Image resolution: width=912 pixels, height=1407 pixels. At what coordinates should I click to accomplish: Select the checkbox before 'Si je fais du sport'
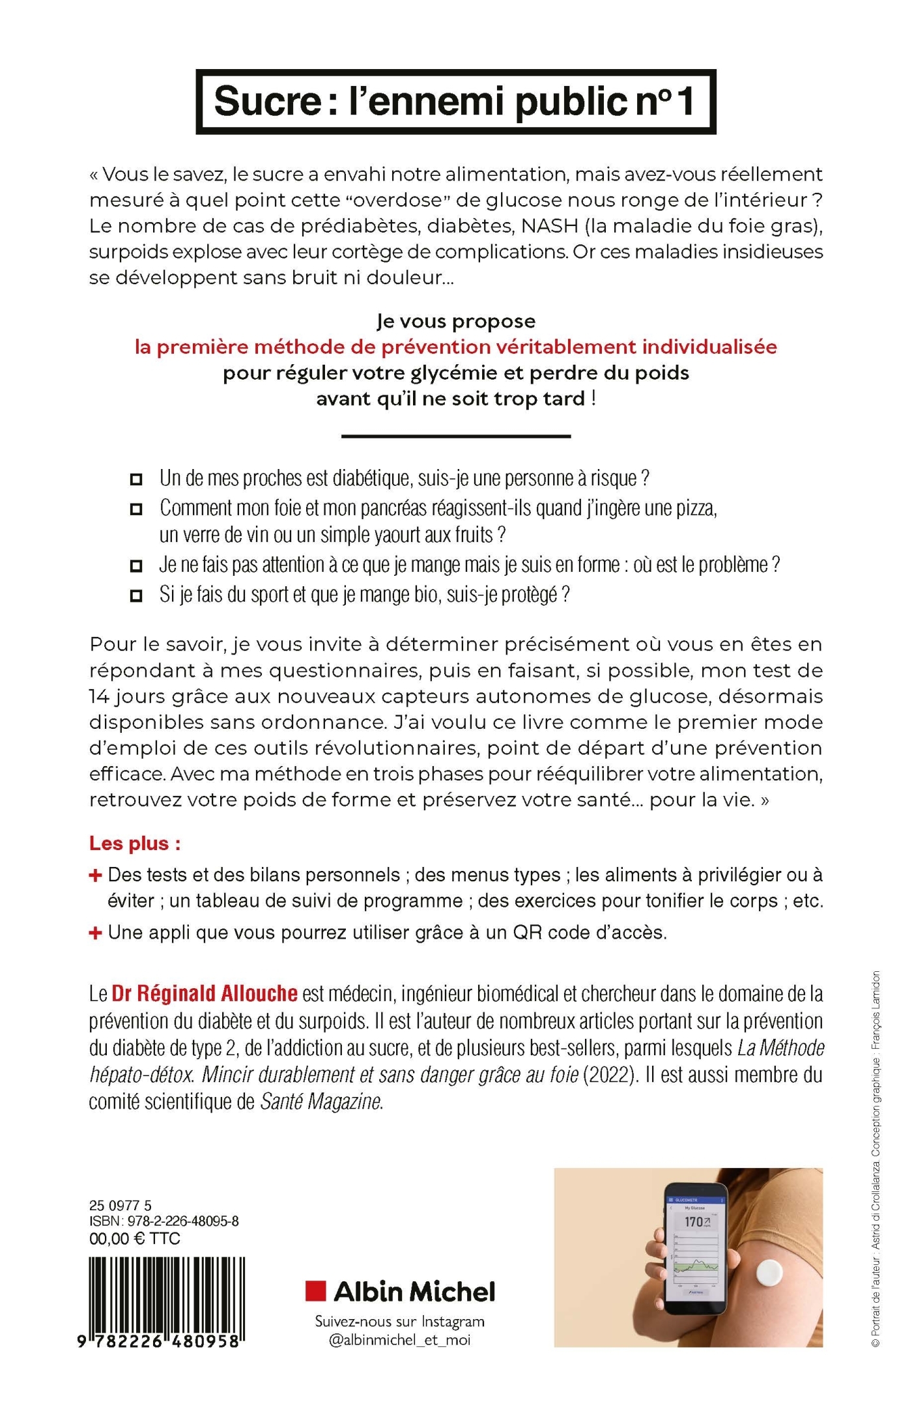[136, 596]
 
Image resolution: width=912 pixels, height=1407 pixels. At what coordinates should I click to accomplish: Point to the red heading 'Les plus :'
[135, 844]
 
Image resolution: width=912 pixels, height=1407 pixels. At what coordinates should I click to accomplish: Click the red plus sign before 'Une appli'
[96, 933]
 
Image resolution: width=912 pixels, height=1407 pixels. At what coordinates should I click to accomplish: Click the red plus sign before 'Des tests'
[96, 875]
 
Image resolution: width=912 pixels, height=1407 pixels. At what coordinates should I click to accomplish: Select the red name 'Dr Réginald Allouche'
[205, 993]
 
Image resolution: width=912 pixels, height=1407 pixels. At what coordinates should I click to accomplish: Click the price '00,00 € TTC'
[135, 1238]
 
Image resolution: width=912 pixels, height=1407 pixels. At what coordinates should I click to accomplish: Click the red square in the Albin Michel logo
[316, 1290]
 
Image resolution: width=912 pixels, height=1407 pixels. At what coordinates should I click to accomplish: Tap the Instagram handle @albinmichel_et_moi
[399, 1340]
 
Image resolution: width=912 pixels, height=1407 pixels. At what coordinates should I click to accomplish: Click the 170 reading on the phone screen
[694, 1222]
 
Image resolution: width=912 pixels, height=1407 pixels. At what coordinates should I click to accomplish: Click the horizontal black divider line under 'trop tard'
[456, 436]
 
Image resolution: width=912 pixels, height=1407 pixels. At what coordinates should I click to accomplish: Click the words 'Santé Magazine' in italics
[321, 1101]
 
